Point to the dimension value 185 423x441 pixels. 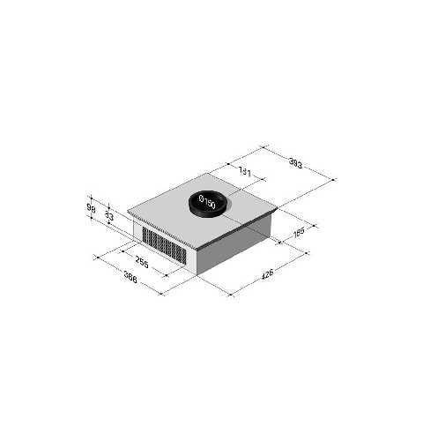(x=299, y=233)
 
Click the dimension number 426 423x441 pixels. (x=268, y=274)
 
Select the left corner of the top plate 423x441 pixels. (x=129, y=211)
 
